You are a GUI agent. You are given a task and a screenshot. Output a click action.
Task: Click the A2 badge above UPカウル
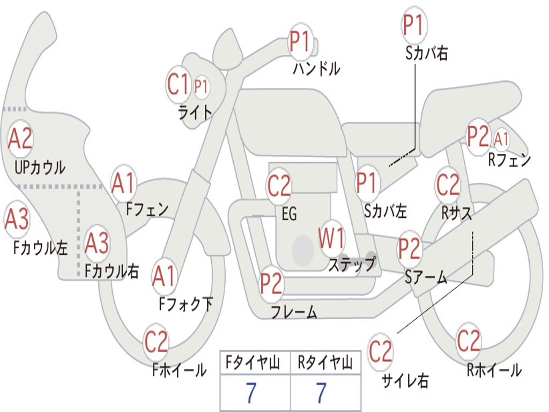tap(20, 138)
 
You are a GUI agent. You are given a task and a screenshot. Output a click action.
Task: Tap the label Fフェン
tap(147, 209)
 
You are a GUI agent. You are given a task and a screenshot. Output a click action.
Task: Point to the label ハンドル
tap(316, 69)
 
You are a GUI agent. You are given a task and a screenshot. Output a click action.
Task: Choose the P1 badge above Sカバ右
tap(413, 25)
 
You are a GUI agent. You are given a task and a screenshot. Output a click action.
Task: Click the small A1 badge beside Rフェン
tap(501, 139)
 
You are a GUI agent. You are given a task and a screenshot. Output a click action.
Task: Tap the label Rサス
tap(457, 213)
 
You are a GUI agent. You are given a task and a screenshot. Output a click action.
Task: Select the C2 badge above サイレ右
tap(381, 351)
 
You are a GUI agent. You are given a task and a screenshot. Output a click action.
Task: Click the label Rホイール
tap(494, 370)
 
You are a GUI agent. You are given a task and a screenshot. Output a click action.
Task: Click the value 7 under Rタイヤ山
tap(321, 393)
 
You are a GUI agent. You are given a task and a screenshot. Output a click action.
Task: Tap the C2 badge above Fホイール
tap(156, 342)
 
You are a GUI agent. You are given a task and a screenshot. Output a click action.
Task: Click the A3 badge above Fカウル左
tap(17, 219)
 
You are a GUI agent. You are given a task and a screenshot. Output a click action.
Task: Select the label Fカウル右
tap(112, 271)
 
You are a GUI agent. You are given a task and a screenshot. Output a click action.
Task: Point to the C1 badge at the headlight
tap(179, 84)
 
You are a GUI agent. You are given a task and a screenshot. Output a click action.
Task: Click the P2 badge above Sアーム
tap(409, 248)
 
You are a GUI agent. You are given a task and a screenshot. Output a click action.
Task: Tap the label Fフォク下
tap(186, 304)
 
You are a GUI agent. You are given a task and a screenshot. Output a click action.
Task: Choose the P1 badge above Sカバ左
tap(368, 182)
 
